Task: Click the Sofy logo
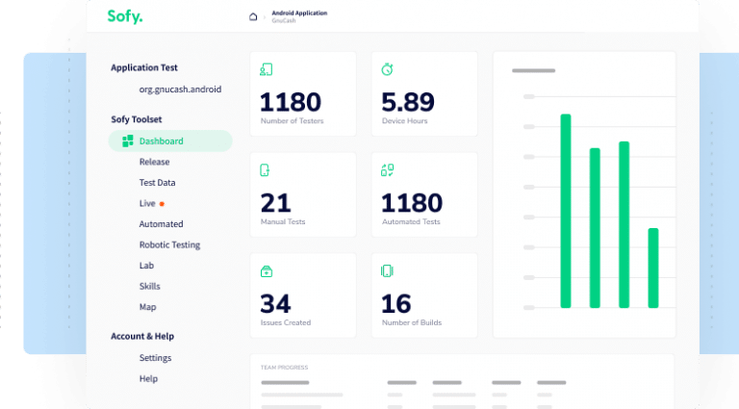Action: pos(125,15)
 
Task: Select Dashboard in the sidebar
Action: pos(161,141)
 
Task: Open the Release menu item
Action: pos(154,162)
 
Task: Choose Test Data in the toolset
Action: pos(157,183)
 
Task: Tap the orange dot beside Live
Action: pos(162,204)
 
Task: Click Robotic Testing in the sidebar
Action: pos(169,244)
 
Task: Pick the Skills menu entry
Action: pos(149,286)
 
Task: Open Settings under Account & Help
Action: pos(155,358)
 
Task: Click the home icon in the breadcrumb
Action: pos(253,16)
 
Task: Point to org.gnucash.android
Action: pos(180,89)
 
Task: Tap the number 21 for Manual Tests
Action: pos(275,203)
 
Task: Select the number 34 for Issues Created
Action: pos(275,304)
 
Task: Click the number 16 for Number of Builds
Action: pos(396,304)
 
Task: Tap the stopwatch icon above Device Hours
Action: pos(387,69)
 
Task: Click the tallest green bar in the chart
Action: pos(566,210)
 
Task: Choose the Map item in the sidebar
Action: pos(147,307)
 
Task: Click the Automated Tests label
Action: pos(411,221)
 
